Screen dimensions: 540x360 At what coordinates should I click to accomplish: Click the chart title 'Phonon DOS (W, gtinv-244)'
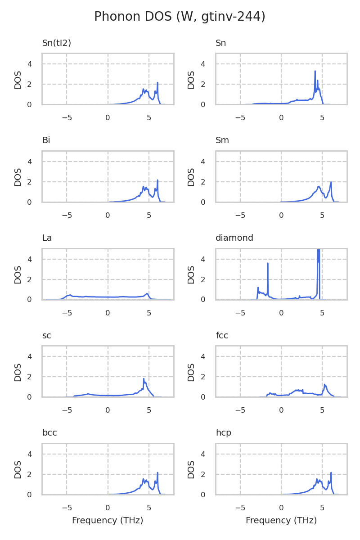(180, 17)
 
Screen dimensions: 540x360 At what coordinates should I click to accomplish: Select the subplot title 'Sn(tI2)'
(57, 43)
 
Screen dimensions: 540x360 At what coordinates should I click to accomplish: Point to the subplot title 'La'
(47, 238)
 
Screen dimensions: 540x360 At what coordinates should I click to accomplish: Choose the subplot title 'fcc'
(222, 336)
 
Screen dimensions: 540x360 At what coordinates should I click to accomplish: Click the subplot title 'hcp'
(223, 433)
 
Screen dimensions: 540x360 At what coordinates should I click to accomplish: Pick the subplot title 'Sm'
(222, 140)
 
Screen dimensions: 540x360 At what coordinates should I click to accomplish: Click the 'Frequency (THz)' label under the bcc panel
(108, 521)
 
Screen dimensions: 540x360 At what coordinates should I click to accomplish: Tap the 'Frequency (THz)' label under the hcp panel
(281, 521)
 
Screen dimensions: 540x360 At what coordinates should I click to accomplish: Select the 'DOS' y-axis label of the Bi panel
(18, 177)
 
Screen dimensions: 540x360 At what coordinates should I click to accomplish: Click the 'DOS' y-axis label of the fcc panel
(191, 372)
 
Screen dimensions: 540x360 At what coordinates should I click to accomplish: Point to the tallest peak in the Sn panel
(315, 71)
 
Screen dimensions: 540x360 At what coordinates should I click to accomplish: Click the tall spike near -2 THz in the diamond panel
(268, 263)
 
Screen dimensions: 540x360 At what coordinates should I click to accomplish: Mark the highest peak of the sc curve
(144, 379)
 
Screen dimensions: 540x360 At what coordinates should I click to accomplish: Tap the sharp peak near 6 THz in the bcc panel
(157, 473)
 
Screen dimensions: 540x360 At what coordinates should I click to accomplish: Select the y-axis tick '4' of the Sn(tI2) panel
(30, 64)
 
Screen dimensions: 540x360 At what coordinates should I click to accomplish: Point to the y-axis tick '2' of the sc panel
(30, 377)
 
